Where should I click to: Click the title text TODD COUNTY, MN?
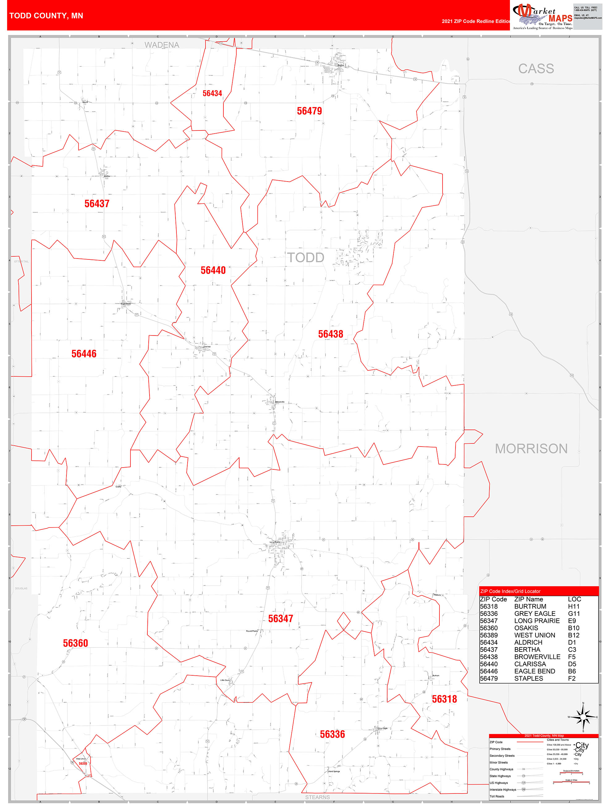tap(46, 16)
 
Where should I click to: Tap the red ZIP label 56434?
tap(212, 93)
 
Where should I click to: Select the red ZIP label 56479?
tap(309, 111)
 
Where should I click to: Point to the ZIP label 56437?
tap(97, 203)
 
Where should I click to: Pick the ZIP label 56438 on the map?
tap(330, 334)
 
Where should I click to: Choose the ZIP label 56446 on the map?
tap(84, 354)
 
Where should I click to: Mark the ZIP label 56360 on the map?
tap(76, 643)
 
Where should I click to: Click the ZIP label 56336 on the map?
tap(332, 734)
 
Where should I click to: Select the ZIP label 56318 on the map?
tap(444, 699)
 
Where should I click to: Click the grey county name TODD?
tap(306, 257)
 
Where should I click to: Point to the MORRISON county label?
tap(531, 448)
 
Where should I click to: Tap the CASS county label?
tap(536, 68)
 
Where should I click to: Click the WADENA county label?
tap(162, 45)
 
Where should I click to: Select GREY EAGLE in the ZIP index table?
tap(534, 614)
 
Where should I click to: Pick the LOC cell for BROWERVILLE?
tap(571, 657)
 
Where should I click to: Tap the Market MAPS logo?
tap(542, 16)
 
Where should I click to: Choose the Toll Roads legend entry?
tap(497, 796)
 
